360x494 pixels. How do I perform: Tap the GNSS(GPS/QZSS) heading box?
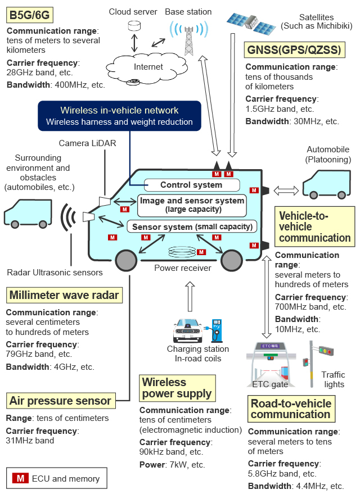coord(294,51)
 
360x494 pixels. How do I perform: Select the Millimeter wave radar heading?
coord(64,295)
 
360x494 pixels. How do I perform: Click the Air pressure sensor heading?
coord(60,401)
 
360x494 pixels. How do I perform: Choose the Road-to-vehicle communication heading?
coord(291,409)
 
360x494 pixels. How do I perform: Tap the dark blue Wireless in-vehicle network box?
coord(119,116)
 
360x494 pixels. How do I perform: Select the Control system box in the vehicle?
coord(191,184)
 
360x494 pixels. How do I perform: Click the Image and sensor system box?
coord(192,205)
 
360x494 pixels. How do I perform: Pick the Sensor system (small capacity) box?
coord(192,226)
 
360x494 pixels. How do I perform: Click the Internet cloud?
coord(148,67)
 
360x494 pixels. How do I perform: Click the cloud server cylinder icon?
coord(134,26)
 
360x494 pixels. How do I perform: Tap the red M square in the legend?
coord(20,479)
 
